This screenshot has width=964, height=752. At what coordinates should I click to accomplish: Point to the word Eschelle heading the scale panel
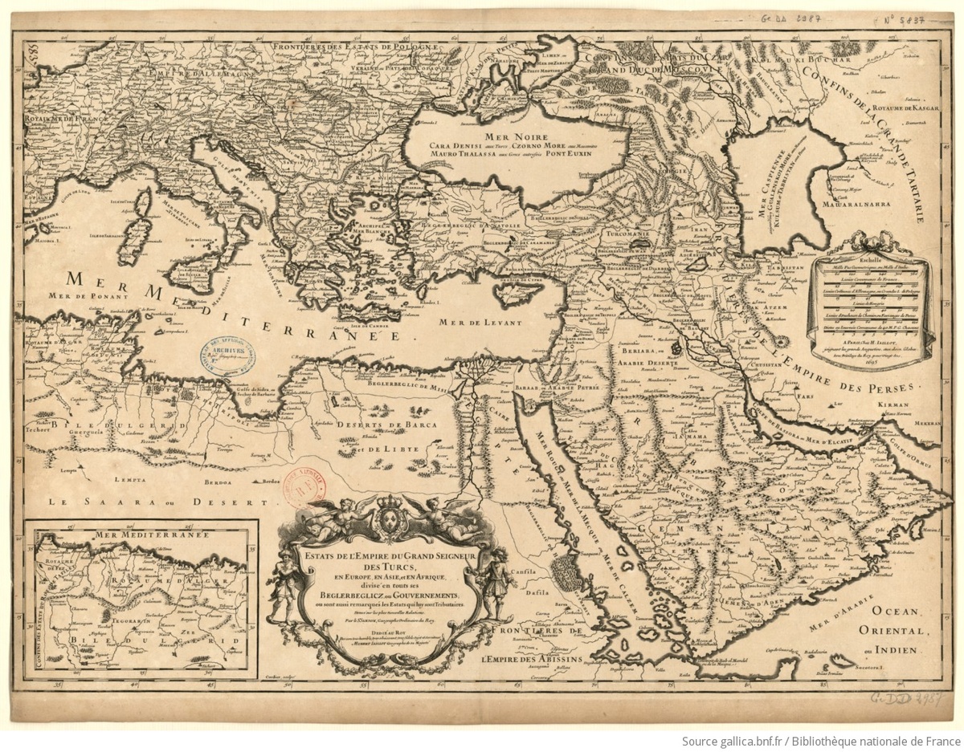[x=871, y=261]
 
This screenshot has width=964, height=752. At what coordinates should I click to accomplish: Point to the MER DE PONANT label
[x=76, y=294]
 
